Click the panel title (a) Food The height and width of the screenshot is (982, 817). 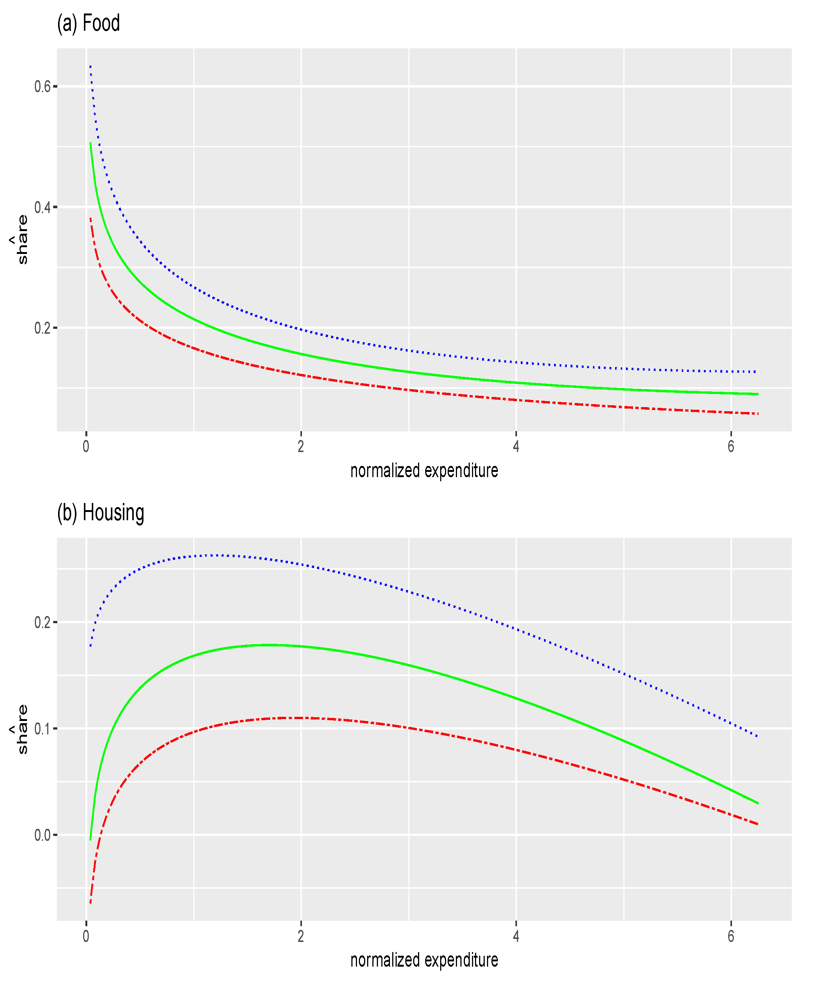[88, 23]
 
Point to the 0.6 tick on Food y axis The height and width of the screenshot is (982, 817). [43, 87]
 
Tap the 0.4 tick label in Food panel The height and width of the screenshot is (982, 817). [43, 207]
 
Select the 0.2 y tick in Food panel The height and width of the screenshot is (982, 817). [43, 328]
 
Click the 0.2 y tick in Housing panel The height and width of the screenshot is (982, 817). [43, 622]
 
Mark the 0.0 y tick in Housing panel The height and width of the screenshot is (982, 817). [43, 835]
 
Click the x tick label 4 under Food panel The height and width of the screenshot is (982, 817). [516, 446]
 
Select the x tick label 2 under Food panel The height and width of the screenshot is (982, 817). [301, 446]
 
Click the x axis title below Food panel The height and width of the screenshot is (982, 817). [424, 470]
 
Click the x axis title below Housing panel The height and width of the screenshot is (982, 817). [424, 960]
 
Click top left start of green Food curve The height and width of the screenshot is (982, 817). [90, 143]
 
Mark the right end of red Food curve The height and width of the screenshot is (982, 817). [757, 414]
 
